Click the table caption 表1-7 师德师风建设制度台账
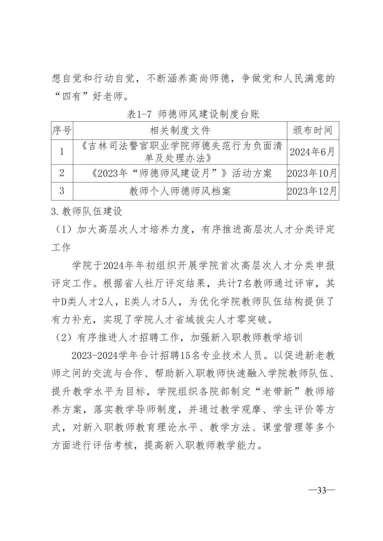click(193, 115)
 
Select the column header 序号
click(62, 131)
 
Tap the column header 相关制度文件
click(180, 131)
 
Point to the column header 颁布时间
click(312, 131)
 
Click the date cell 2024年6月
click(312, 152)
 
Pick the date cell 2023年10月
click(312, 173)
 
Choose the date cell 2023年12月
click(312, 191)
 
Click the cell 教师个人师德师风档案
click(180, 191)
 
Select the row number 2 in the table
click(62, 173)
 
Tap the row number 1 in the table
click(62, 152)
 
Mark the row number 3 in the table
click(62, 191)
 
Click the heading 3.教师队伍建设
click(87, 211)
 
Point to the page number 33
click(322, 491)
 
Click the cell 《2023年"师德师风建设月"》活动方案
click(180, 173)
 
